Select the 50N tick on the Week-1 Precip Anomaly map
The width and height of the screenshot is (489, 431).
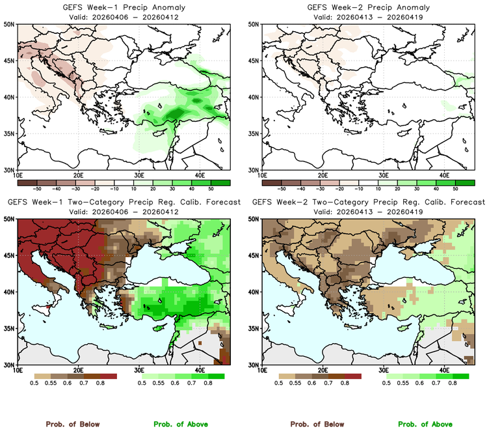[11, 24]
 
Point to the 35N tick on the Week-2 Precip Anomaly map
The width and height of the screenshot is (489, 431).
[256, 133]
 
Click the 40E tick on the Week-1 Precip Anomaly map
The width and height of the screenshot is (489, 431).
[199, 174]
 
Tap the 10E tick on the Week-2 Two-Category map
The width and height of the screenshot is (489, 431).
[262, 370]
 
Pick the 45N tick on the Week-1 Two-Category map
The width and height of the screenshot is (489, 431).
[11, 255]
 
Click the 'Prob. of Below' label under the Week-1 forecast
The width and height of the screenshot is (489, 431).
[72, 424]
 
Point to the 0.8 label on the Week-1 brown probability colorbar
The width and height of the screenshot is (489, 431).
[101, 385]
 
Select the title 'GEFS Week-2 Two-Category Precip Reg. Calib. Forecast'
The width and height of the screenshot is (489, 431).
[368, 202]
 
